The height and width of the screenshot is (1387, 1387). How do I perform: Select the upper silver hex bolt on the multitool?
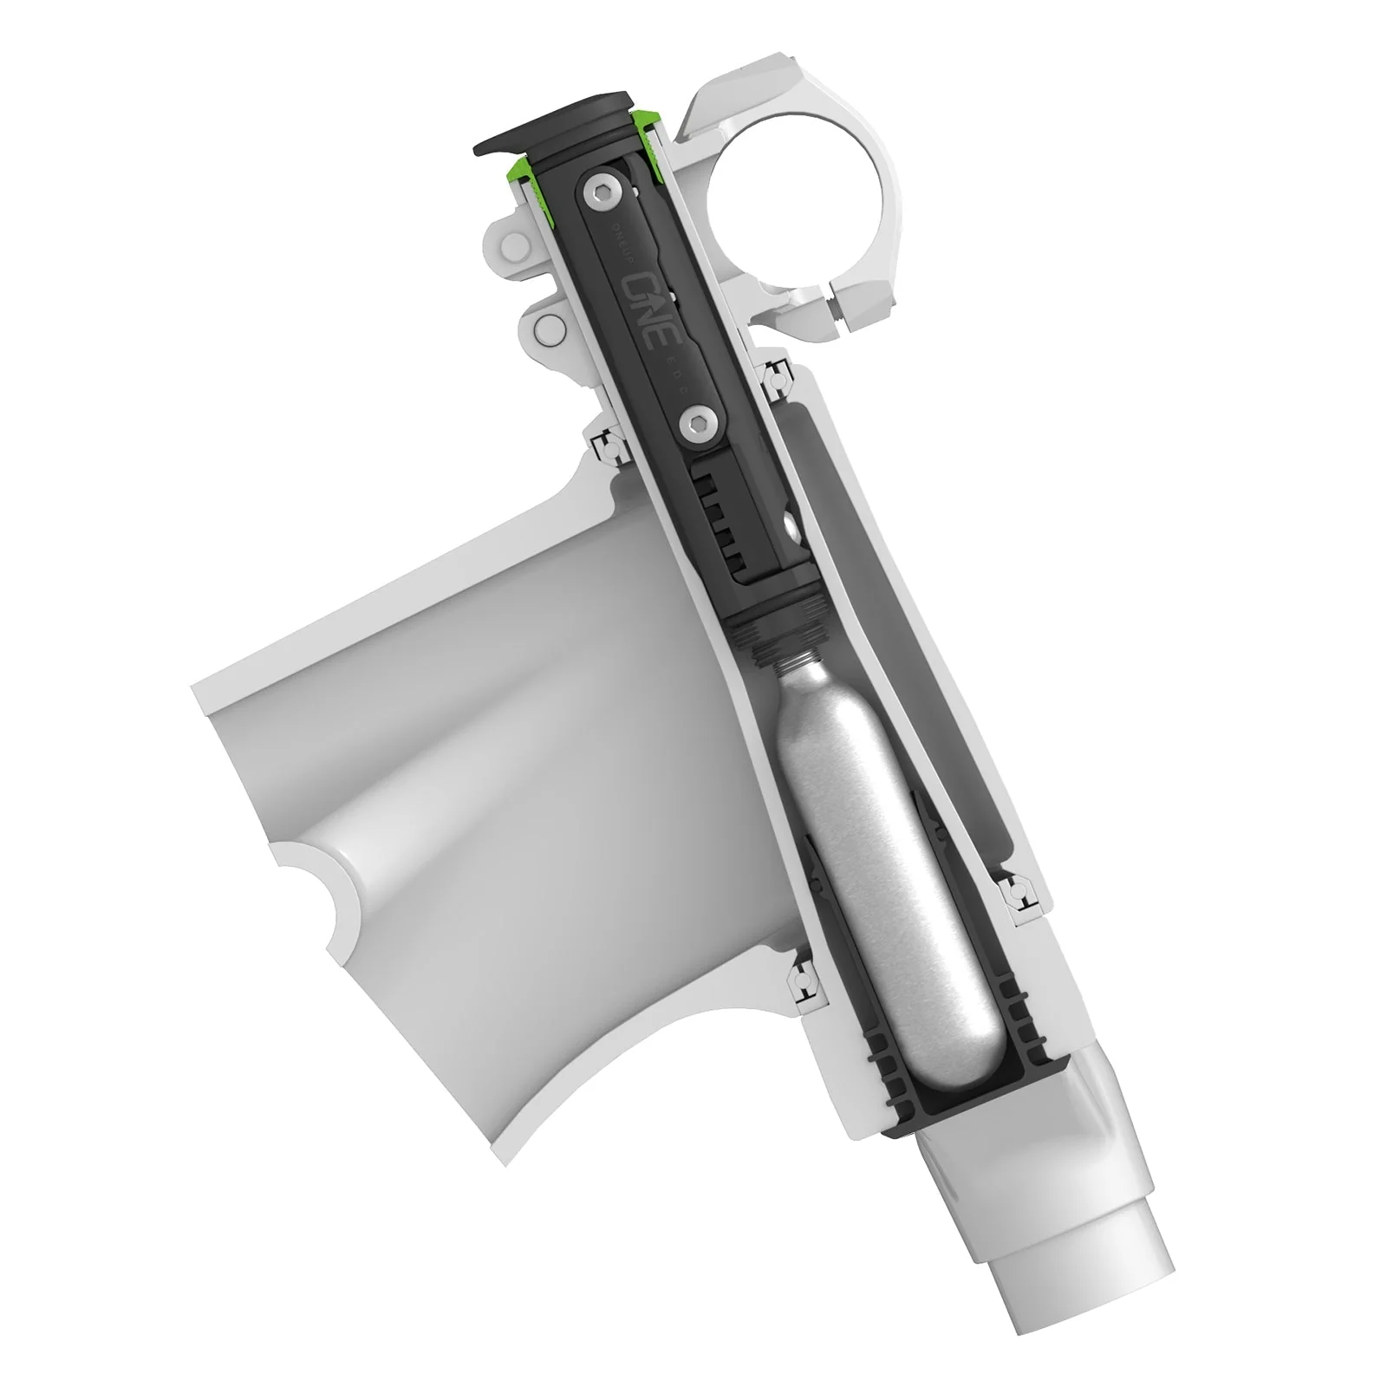596,193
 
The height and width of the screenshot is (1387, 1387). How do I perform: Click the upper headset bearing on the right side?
774,378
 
